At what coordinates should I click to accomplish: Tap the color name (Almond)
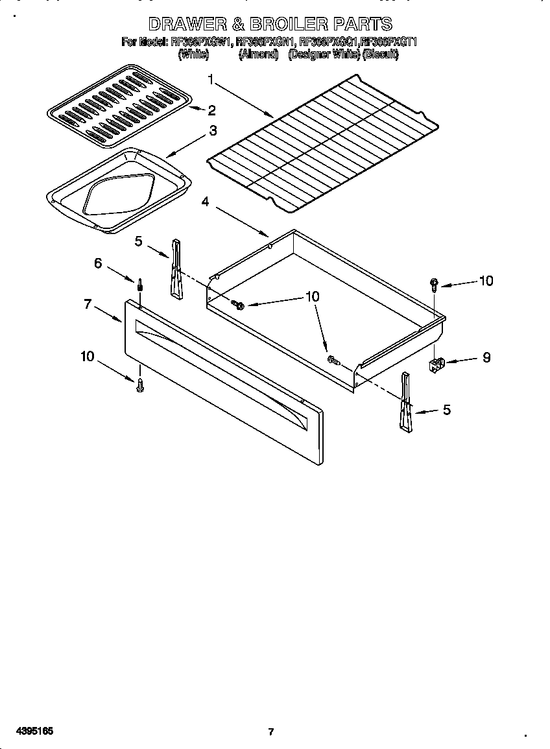258,55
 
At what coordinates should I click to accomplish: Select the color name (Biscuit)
381,55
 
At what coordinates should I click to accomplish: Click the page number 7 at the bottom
271,732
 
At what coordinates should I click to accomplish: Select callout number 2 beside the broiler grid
211,110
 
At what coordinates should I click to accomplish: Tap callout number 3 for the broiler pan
213,130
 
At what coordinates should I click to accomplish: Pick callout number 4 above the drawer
205,202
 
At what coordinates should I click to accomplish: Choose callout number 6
98,263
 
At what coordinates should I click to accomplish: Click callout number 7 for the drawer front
88,304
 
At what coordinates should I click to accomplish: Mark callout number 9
486,357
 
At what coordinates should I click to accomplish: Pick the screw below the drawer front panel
139,386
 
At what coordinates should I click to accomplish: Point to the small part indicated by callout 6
139,286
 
